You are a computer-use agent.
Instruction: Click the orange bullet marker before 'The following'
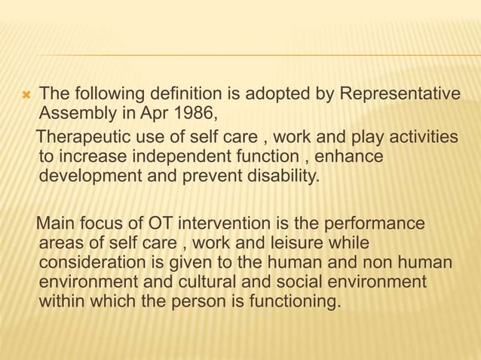(25, 96)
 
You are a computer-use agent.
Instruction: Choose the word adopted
(288, 95)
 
